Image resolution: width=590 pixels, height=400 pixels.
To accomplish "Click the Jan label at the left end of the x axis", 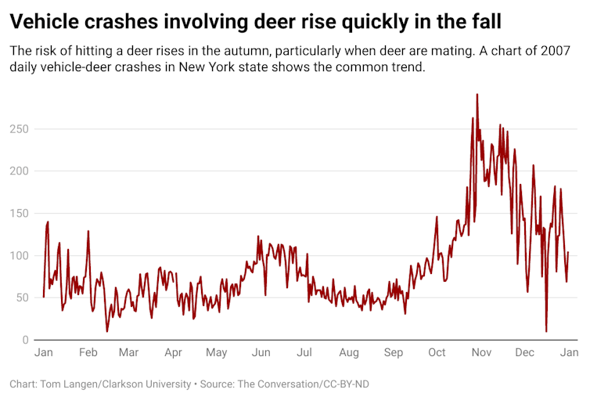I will tap(44, 353).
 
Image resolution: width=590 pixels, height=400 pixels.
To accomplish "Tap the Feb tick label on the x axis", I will tap(88, 353).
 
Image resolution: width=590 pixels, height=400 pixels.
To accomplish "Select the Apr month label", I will tap(173, 353).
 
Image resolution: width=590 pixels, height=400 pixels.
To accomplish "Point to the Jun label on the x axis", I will tap(261, 353).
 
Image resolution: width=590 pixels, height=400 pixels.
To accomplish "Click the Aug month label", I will tap(349, 353).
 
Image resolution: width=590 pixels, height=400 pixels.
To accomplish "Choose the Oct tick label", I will tap(437, 353).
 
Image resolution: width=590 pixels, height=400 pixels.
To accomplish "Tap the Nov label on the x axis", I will tap(480, 353).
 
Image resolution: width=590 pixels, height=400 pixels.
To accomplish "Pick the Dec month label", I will tap(523, 353).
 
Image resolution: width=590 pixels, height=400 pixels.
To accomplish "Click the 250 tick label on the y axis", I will tap(20, 128).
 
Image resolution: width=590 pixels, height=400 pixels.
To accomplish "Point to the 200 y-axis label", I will tap(20, 171).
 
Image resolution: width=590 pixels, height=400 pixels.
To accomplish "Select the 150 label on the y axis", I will tap(20, 213).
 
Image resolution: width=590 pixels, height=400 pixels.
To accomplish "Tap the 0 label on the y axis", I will tap(26, 340).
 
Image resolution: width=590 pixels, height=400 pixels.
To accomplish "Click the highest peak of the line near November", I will tap(477, 95).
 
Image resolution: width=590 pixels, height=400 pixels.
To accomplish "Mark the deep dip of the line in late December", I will tap(546, 331).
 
